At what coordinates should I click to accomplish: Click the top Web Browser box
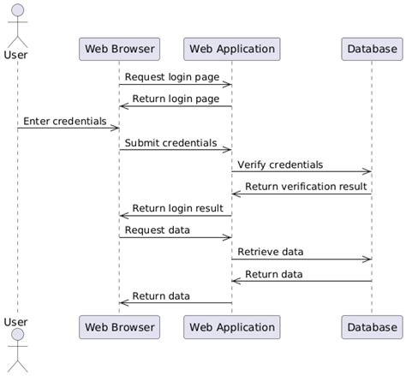pos(118,49)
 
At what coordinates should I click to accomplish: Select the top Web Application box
pos(231,49)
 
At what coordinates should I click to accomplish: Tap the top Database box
pos(372,49)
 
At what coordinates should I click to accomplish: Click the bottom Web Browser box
pos(118,326)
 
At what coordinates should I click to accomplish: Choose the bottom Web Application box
pos(231,326)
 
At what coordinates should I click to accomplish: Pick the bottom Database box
pos(372,326)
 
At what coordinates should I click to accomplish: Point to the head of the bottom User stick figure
pos(16,335)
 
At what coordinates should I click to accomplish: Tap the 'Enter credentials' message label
pos(64,121)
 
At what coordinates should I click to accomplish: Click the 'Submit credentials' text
pos(170,142)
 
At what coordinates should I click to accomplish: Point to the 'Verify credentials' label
pos(280,164)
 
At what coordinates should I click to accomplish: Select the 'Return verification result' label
pos(306,186)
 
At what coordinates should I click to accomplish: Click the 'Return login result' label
pos(177,208)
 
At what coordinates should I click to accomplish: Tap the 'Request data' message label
pos(158,230)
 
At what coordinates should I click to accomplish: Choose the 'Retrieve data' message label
pos(271,252)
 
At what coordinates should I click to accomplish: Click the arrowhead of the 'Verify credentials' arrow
pos(367,171)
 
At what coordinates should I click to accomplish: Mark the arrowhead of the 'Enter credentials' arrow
pos(115,128)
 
